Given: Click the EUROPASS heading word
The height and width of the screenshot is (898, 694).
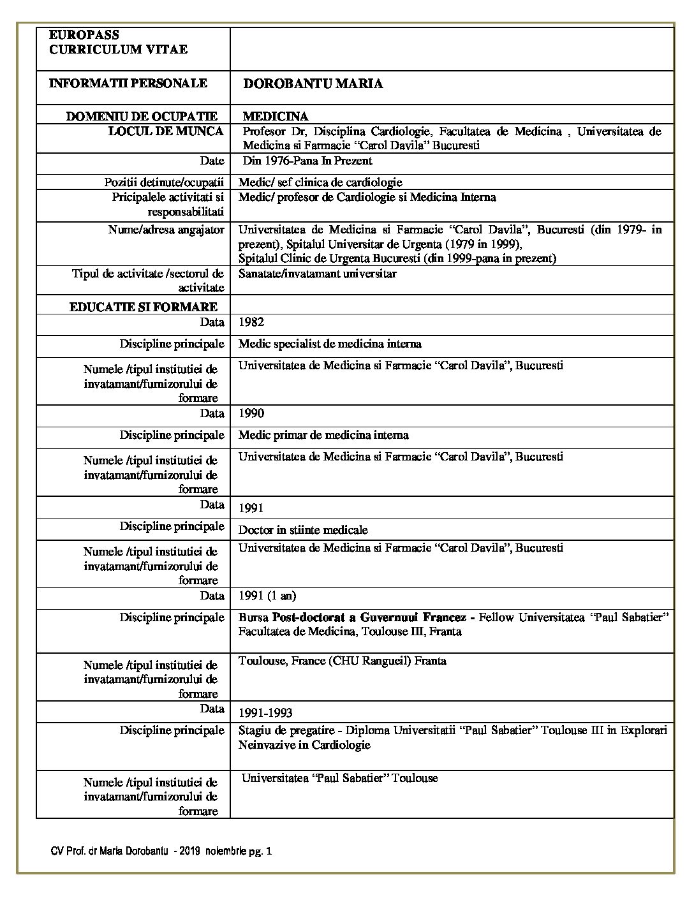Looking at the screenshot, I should coord(84,35).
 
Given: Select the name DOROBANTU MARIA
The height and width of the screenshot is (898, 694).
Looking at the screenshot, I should coord(313,84).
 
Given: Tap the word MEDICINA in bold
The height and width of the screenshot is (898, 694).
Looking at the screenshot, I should coord(276,116).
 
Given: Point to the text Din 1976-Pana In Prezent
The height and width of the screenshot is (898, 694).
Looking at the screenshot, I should coord(307,161).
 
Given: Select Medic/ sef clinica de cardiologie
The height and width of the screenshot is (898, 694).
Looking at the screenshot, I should coord(320,182).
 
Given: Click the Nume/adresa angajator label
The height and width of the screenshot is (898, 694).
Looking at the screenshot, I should coord(166,230).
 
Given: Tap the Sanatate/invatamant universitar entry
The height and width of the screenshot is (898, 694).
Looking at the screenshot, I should coord(318,274).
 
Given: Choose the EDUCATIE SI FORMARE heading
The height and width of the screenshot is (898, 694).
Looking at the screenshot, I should coord(144,307).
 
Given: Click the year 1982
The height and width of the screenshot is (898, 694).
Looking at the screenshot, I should coord(251,322).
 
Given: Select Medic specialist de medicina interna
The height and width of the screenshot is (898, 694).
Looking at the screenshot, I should coord(330,344).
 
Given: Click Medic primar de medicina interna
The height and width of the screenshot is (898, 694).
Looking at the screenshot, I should coord(323,435).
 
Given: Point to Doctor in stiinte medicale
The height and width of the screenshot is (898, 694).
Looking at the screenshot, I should coord(303,529).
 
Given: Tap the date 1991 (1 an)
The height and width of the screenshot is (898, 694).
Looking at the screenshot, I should coord(267,596).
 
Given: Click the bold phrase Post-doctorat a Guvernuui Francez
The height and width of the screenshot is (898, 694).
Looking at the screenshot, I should coord(373,617).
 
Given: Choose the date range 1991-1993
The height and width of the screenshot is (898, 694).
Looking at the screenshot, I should coord(265,712).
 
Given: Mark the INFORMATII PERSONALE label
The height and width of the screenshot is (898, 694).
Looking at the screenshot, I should coord(128,84).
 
